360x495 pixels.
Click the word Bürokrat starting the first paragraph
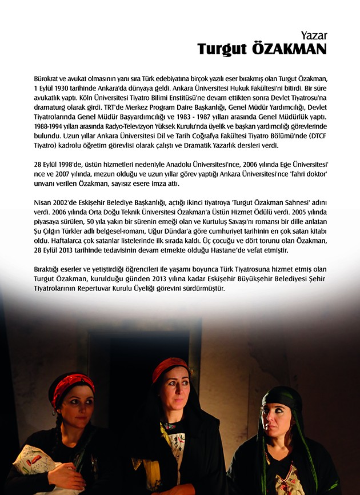tap(48, 77)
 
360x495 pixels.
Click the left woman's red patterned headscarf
tap(71, 385)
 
